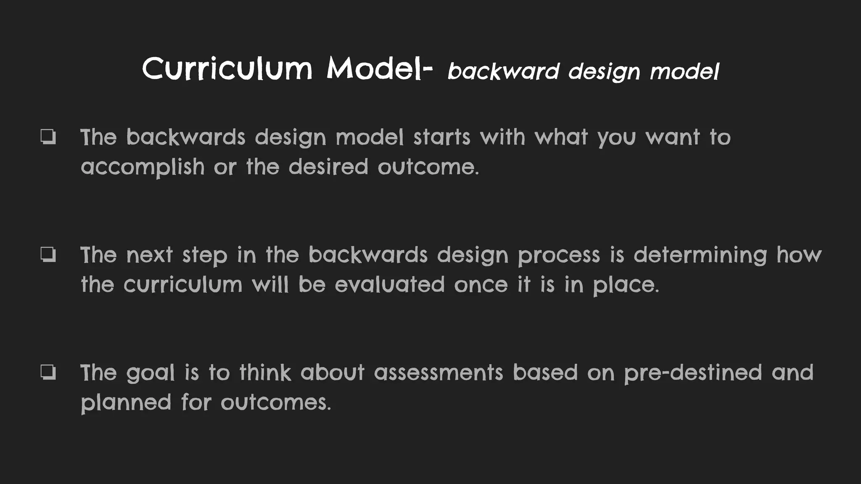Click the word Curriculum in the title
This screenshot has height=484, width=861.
(x=227, y=68)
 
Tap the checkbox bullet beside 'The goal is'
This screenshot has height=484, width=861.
(x=48, y=372)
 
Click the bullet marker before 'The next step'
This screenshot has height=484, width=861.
(x=48, y=255)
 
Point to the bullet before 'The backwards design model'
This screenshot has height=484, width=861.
(x=48, y=137)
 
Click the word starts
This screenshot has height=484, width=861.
(x=441, y=137)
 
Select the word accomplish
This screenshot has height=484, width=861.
(x=143, y=167)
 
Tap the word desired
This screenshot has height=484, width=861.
(x=328, y=167)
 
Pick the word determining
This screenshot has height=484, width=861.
(x=700, y=255)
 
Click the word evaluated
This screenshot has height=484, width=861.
(x=389, y=284)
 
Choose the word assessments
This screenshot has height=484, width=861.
(x=438, y=373)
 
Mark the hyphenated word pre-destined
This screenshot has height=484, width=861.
(x=693, y=373)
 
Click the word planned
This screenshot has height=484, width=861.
(x=126, y=402)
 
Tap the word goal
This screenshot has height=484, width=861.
(x=150, y=373)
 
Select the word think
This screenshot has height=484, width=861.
(x=265, y=373)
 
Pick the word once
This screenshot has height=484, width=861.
(x=481, y=285)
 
